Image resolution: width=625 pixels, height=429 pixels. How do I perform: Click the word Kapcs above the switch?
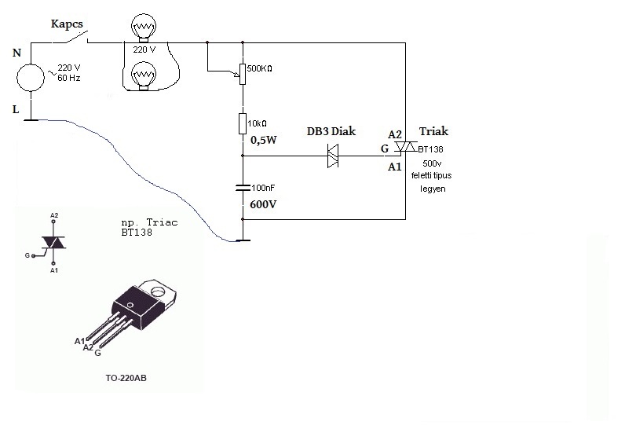click(68, 24)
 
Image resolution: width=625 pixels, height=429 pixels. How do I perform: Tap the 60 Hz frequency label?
click(69, 79)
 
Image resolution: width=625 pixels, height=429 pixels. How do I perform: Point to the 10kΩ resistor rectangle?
click(243, 124)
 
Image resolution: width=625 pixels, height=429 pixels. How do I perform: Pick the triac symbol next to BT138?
click(405, 148)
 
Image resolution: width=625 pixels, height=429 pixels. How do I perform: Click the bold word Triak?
click(434, 132)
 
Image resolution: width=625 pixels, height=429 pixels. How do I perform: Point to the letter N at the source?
click(17, 53)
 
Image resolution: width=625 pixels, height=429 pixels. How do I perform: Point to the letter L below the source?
click(16, 109)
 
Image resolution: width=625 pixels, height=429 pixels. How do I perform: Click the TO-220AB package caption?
click(126, 378)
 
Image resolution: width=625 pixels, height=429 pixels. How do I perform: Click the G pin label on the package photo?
click(97, 354)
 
